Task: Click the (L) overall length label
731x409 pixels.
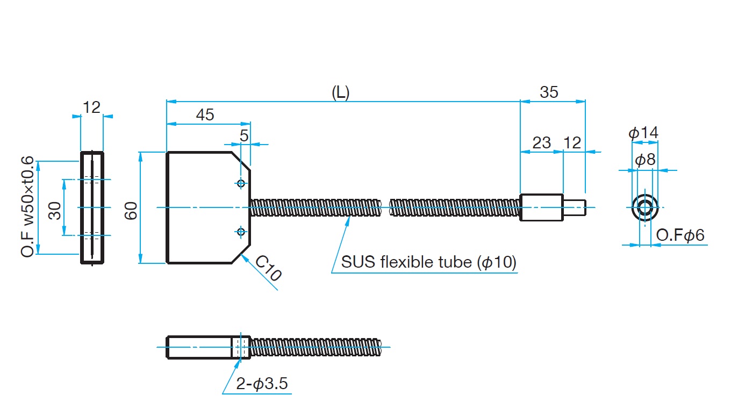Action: [340, 92]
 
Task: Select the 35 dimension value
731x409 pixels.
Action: [549, 92]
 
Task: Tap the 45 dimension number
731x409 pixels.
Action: [205, 115]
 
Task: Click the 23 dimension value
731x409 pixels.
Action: [542, 142]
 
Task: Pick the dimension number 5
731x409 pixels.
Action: [244, 135]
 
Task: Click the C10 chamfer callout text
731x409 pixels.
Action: [268, 268]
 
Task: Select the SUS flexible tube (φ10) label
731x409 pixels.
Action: [429, 262]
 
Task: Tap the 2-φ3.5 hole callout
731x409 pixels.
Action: [262, 384]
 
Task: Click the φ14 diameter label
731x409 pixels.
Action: [643, 133]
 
